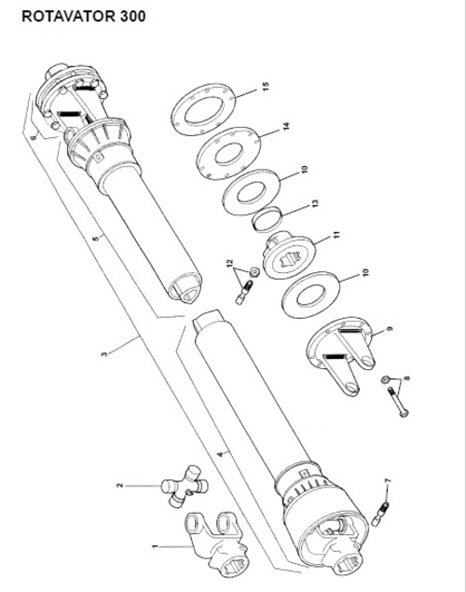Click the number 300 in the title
(132, 17)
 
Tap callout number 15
(266, 87)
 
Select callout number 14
(286, 126)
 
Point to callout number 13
(315, 203)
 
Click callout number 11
(336, 235)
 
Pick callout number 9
(390, 328)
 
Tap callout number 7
(388, 480)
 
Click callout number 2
(120, 485)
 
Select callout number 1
(154, 546)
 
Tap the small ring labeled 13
(267, 218)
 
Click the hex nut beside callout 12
(254, 271)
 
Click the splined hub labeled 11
(289, 255)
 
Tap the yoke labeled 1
(216, 544)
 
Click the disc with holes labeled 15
(204, 109)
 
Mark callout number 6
(34, 137)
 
